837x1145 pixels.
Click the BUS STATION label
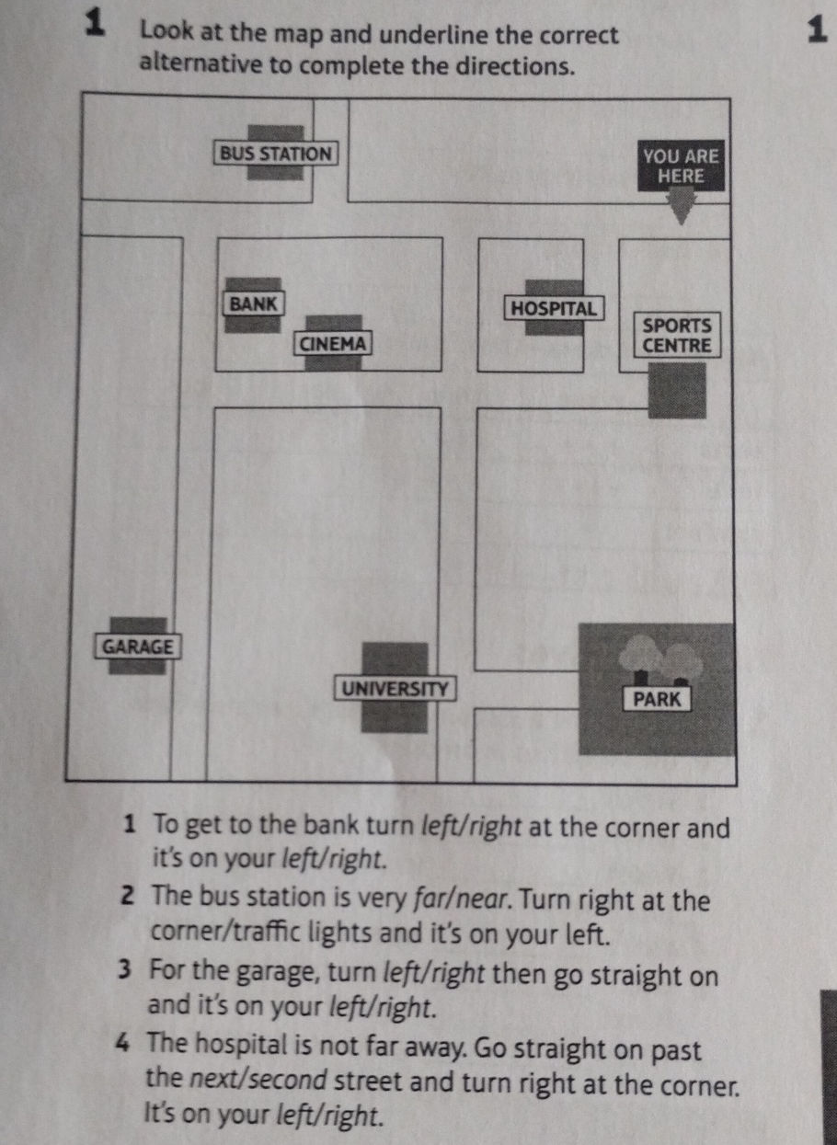pyautogui.click(x=276, y=154)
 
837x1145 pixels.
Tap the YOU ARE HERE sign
pyautogui.click(x=681, y=166)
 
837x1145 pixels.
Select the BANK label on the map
pyautogui.click(x=253, y=303)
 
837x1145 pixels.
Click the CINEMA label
pyautogui.click(x=332, y=343)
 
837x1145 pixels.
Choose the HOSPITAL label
pyautogui.click(x=554, y=308)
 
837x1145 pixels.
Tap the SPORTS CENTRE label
pyautogui.click(x=677, y=336)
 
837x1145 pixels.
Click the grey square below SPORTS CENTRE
pyautogui.click(x=677, y=391)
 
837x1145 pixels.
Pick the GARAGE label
pyautogui.click(x=138, y=647)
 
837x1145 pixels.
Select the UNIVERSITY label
pyautogui.click(x=395, y=689)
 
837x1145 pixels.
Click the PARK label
pyautogui.click(x=657, y=699)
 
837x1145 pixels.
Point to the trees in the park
pyautogui.click(x=661, y=659)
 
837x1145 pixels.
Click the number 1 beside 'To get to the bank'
pyautogui.click(x=131, y=824)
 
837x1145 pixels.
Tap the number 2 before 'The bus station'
pyautogui.click(x=129, y=897)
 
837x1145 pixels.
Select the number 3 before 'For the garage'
pyautogui.click(x=125, y=969)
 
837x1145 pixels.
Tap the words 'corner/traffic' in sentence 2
pyautogui.click(x=226, y=932)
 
